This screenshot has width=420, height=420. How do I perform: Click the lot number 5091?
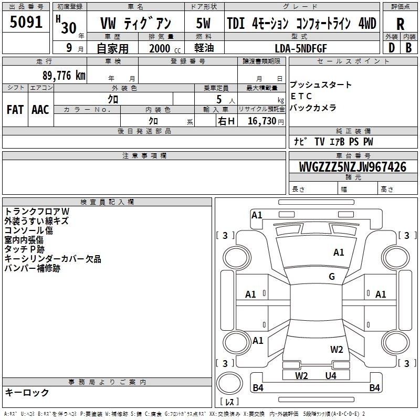click(x=26, y=22)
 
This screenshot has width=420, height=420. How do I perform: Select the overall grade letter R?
click(x=400, y=24)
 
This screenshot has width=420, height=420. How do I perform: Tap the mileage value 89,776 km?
click(x=64, y=76)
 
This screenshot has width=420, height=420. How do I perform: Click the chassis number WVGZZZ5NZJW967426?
click(x=353, y=167)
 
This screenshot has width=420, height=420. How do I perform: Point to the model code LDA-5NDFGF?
click(x=301, y=48)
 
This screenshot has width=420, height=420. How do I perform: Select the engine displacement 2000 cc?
click(x=165, y=49)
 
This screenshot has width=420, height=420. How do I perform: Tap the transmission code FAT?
click(x=15, y=110)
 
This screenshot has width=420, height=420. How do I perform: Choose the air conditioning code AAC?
click(x=40, y=110)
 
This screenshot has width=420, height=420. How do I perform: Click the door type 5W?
click(x=203, y=23)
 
